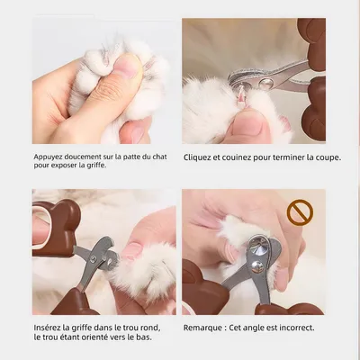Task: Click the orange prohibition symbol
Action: pos(299,213)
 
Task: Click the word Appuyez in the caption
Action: pos(50,156)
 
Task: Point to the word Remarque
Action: pos(204,328)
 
